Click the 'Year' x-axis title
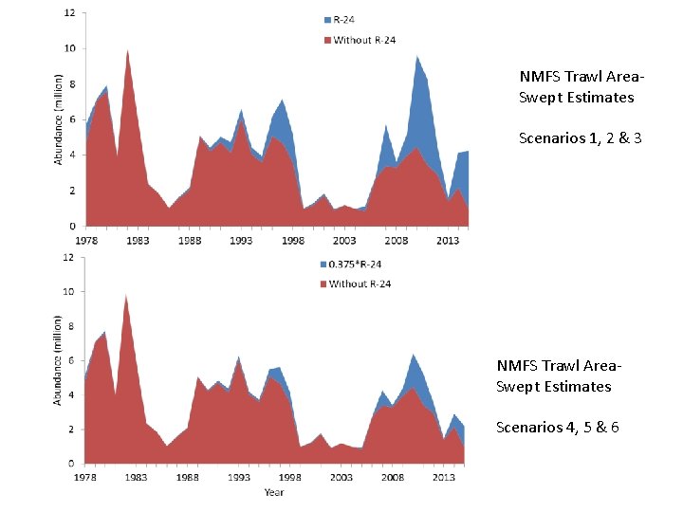274,492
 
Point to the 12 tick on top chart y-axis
70,12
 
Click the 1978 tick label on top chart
86,241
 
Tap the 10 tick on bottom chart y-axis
69,292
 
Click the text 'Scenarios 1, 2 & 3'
580,138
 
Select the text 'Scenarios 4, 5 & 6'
557,427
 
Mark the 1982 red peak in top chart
127,51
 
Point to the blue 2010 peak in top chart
416,58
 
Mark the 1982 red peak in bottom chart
126,296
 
